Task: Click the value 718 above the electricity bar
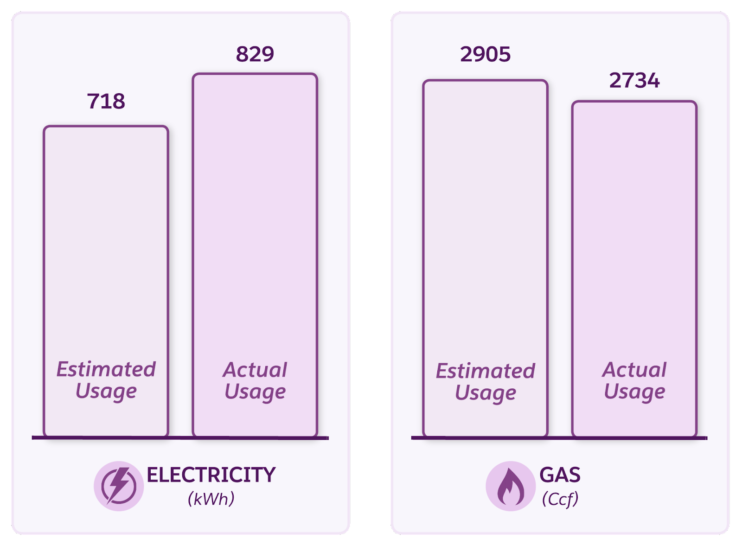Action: (106, 101)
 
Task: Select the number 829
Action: (255, 54)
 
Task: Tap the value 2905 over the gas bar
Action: (485, 54)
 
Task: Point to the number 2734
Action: (634, 81)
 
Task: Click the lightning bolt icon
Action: (119, 486)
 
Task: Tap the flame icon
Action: (511, 486)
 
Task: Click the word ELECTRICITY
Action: (211, 475)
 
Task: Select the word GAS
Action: (560, 475)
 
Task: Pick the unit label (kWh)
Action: (211, 499)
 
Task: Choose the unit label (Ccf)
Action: (560, 499)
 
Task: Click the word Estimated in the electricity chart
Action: (106, 369)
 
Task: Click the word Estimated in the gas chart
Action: (485, 371)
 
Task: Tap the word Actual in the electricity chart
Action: (255, 370)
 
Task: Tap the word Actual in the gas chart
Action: (634, 370)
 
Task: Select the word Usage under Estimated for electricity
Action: (106, 391)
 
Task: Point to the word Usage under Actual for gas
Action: (634, 392)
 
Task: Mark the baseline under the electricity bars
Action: (180, 437)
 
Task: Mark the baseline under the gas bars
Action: (559, 437)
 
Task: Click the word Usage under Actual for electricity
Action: (255, 392)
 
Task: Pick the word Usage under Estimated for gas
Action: (485, 393)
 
